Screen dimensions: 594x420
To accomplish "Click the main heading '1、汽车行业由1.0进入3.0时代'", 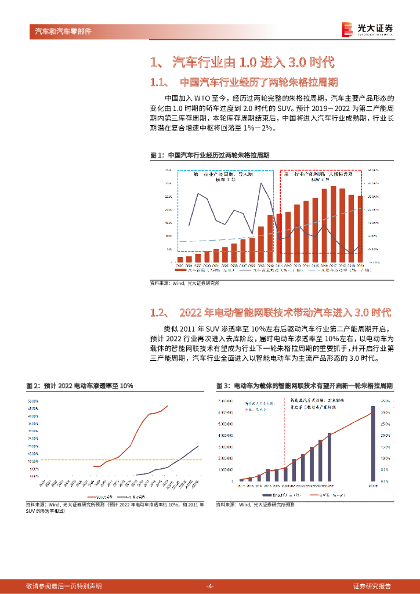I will pos(242,61).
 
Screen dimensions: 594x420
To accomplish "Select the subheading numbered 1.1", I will pos(244,82).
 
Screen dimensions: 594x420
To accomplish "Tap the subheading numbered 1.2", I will pos(270,313).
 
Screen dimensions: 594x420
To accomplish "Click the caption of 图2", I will pos(79,386).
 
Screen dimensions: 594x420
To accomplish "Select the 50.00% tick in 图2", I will pos(32,401).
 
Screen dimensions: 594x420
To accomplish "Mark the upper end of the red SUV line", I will pos(168,406).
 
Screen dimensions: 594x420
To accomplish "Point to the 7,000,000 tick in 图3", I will pos(226,401).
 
